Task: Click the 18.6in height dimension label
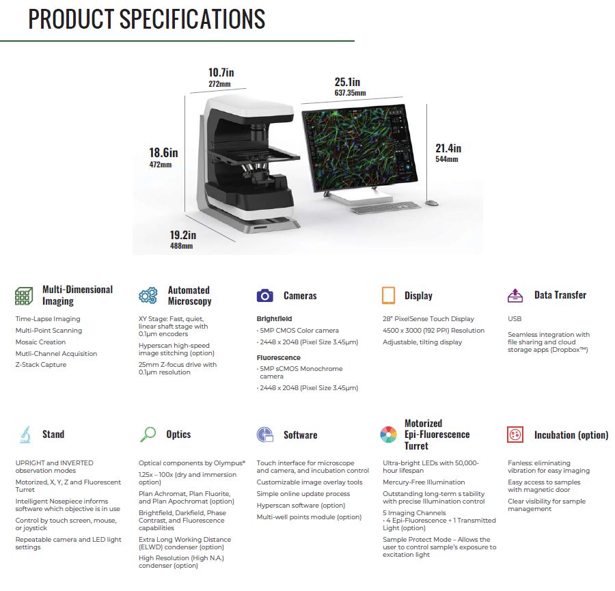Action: [x=163, y=152]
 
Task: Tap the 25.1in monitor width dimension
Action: [x=347, y=82]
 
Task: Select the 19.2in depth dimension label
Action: [x=182, y=235]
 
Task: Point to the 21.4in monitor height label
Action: [x=448, y=148]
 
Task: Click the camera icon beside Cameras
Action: [x=264, y=295]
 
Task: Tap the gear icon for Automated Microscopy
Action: [x=148, y=295]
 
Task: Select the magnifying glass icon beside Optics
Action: [x=148, y=435]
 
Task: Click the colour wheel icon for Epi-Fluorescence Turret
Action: [x=388, y=435]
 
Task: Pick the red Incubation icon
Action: [x=515, y=435]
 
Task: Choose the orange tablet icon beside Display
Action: [x=388, y=295]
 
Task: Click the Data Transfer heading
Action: [x=560, y=295]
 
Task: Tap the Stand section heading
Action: [x=53, y=434]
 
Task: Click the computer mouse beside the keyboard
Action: [x=432, y=203]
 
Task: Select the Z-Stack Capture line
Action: [x=41, y=365]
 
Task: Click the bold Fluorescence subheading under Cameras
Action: [x=279, y=357]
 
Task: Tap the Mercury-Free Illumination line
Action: [x=424, y=482]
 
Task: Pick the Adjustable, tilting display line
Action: [x=422, y=342]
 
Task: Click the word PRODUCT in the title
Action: [x=71, y=19]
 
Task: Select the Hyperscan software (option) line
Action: [x=301, y=506]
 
